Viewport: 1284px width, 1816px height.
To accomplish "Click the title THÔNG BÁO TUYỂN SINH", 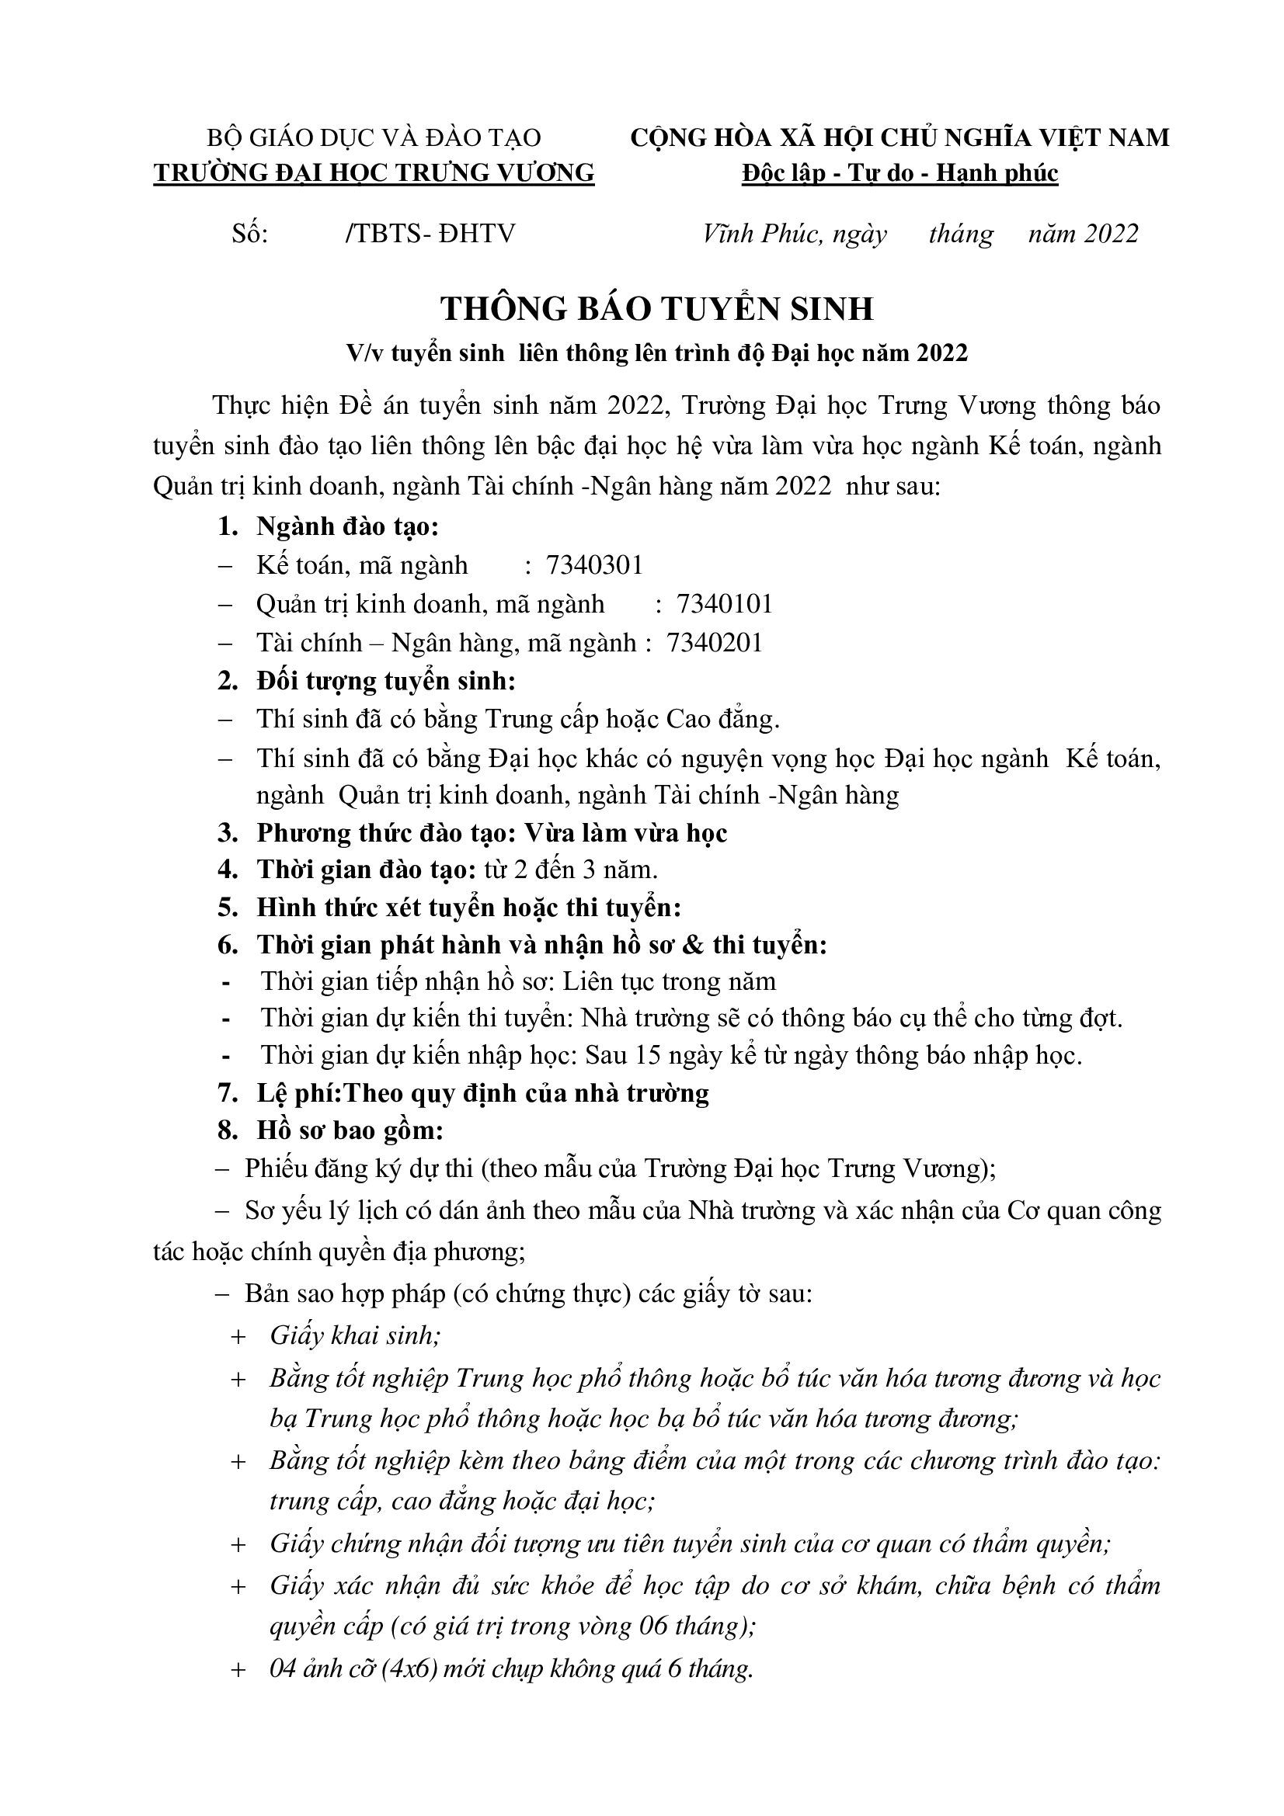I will click(656, 308).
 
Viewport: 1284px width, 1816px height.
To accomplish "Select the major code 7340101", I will click(725, 605).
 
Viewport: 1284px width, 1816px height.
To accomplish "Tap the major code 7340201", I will click(715, 643).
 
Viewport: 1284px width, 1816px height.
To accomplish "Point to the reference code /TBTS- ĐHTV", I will click(430, 234).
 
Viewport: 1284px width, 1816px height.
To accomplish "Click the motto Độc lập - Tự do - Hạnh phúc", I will click(899, 173).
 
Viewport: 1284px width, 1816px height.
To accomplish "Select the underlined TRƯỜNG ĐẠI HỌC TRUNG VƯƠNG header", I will click(374, 173).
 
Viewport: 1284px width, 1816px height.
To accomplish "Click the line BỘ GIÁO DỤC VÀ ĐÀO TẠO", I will click(374, 138).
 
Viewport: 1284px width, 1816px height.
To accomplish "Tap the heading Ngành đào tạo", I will click(347, 526).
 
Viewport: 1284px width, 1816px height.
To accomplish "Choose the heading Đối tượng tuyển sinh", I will click(386, 681).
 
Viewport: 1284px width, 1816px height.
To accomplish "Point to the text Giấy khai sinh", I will click(355, 1337).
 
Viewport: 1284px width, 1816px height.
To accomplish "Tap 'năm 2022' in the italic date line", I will click(1083, 234).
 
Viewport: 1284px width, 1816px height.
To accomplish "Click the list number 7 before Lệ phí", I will click(227, 1094).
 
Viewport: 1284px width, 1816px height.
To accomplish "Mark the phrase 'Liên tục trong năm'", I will click(670, 982).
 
